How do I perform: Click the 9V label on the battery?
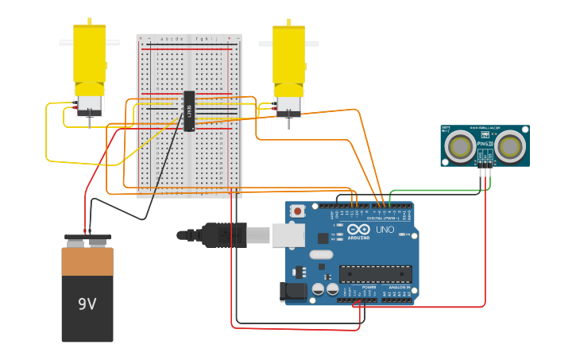pos(87,304)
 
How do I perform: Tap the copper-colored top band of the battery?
pos(87,261)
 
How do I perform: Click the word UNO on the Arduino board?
pos(385,230)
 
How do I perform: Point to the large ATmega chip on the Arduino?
pos(375,274)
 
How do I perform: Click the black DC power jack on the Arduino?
pos(295,292)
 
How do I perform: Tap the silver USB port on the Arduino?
pos(288,234)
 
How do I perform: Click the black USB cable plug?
pos(225,235)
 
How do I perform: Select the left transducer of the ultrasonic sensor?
pos(459,146)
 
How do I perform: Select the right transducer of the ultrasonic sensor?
pos(509,146)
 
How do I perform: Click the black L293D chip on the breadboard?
pos(189,110)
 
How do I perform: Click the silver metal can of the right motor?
pos(288,104)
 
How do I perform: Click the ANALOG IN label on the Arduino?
pos(397,287)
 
